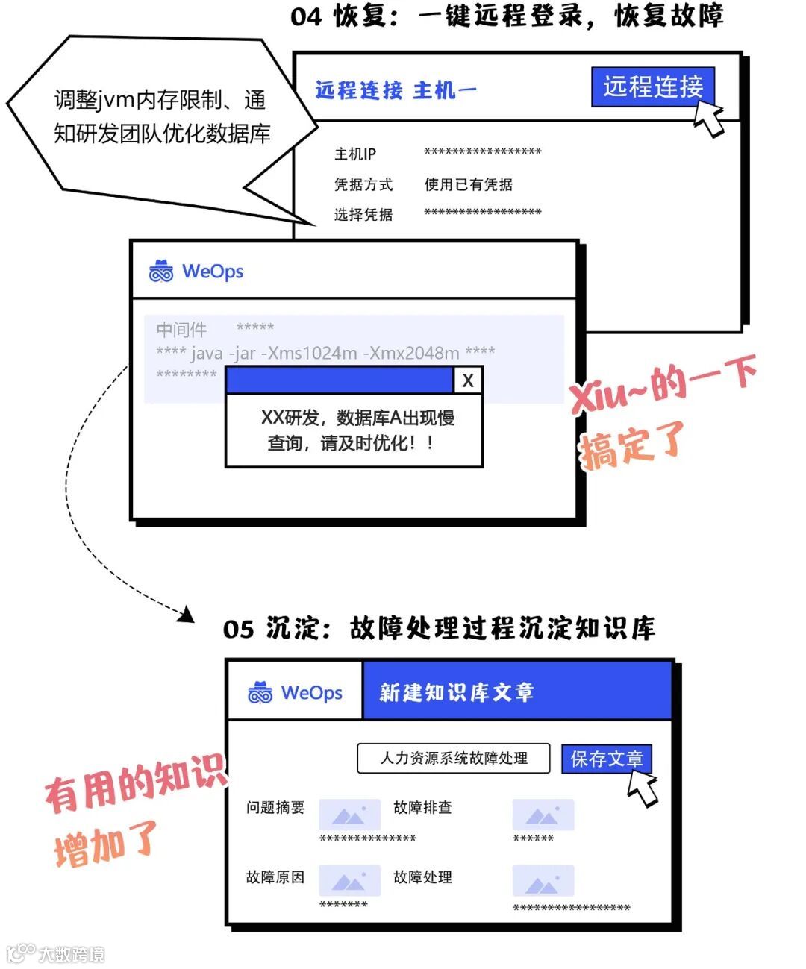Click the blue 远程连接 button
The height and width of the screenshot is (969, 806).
pos(652,87)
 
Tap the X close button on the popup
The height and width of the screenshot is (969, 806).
pos(468,380)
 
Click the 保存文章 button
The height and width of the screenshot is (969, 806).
pos(606,759)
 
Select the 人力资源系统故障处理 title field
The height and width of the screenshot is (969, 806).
pos(453,758)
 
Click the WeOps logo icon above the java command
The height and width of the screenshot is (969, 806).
pos(161,272)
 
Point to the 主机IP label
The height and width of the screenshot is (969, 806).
pos(354,154)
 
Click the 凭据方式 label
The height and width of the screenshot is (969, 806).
pos(363,184)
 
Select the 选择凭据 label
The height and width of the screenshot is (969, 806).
pos(363,215)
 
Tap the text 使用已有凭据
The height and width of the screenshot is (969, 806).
pos(468,184)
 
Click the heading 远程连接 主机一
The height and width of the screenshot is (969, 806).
pos(396,91)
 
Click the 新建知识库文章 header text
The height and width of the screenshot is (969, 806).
pos(457,692)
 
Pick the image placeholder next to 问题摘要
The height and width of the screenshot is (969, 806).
pos(349,815)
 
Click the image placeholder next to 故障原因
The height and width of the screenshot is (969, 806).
pos(349,880)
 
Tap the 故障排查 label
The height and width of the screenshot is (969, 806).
pos(422,807)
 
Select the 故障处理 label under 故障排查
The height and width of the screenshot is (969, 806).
pos(422,877)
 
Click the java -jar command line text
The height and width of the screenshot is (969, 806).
pos(325,353)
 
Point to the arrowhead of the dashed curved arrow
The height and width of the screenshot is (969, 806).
pos(187,615)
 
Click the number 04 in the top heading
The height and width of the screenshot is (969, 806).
pos(306,16)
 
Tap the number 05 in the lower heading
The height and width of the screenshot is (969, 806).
pos(239,629)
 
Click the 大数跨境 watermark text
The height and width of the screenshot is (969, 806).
pos(72,953)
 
